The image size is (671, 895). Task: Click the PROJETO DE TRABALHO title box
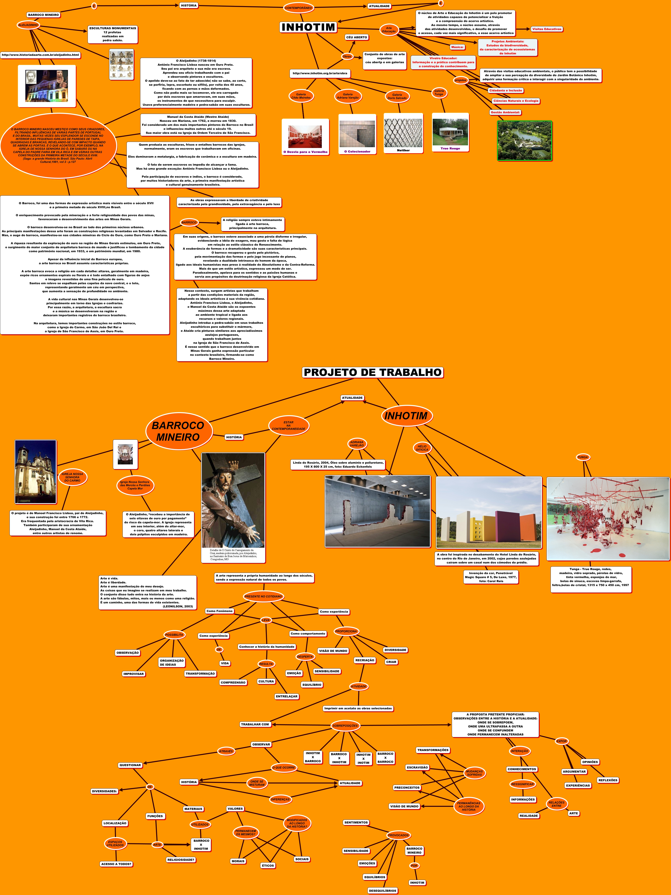click(372, 372)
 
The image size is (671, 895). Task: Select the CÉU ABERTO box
click(356, 37)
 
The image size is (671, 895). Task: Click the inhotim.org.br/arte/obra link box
click(320, 74)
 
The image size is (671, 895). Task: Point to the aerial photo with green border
click(525, 140)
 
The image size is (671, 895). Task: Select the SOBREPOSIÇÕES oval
click(345, 726)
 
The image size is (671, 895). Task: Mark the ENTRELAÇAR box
click(287, 696)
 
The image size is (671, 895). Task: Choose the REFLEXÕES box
click(608, 780)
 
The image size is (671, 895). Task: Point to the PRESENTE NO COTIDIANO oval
click(263, 596)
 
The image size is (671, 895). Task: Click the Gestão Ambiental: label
click(505, 113)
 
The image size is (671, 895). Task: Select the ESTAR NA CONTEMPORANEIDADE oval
click(289, 426)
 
